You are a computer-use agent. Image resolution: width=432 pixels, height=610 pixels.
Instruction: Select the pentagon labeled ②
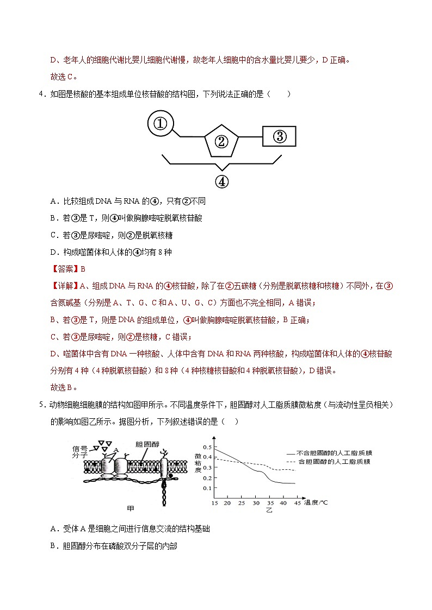click(221, 142)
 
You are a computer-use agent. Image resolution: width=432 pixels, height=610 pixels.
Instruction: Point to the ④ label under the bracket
click(221, 181)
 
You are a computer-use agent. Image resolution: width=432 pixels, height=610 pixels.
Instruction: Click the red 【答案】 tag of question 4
click(64, 268)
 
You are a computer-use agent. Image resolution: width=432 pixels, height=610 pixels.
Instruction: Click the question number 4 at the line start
click(41, 94)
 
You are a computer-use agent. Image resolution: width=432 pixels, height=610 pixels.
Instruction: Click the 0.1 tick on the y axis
click(207, 488)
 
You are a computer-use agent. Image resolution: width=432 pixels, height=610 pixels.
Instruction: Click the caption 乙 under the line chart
click(269, 510)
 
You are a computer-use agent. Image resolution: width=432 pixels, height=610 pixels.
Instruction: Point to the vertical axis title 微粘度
click(198, 461)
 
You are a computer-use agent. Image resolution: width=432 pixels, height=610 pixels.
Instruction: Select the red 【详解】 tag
click(64, 285)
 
